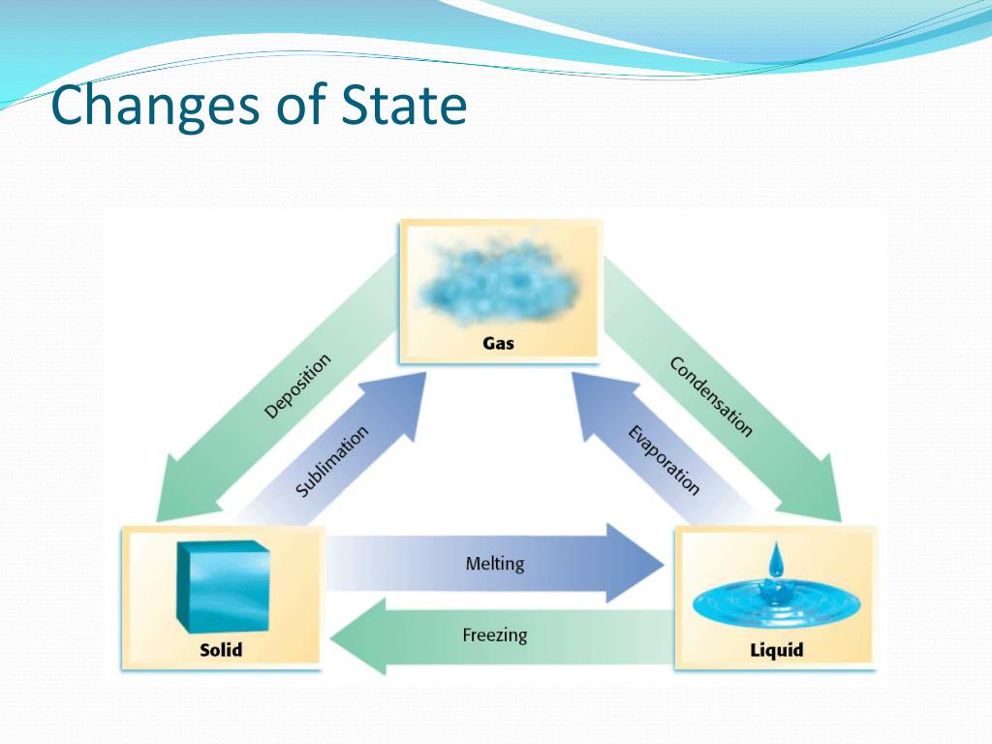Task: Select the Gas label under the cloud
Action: pos(499,343)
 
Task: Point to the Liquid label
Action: pos(776,649)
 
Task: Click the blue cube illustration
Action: pos(222,586)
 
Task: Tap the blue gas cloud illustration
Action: pos(501,280)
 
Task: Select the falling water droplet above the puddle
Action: pos(775,561)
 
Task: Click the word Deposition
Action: pos(297,386)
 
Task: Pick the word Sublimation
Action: pos(332,461)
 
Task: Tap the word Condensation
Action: pos(710,396)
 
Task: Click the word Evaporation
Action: pos(664,460)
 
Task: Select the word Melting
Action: pos(495,563)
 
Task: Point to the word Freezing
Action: pos(495,635)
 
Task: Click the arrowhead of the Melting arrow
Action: pos(635,563)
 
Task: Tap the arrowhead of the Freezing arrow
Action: pos(358,636)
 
